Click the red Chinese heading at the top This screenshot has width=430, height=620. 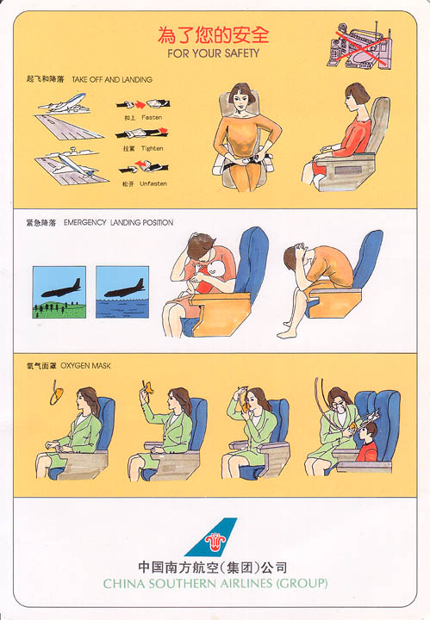click(213, 35)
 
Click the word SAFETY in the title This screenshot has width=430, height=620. click(241, 53)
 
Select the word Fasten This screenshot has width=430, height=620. click(152, 117)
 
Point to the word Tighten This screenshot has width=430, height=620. click(152, 148)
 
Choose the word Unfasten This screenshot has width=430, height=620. click(153, 183)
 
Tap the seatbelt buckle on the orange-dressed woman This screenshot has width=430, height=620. click(249, 161)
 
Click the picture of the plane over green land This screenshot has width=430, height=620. click(59, 292)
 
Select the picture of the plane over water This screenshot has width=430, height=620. click(122, 292)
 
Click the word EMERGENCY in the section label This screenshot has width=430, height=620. click(85, 222)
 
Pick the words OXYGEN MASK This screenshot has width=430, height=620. click(85, 366)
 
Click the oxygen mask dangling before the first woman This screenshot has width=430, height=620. click(57, 394)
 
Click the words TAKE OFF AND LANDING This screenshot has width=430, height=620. click(112, 79)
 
